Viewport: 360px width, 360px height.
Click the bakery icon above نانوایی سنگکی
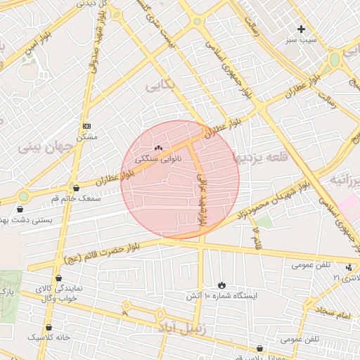[x=158, y=148]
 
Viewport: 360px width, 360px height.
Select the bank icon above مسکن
[x=86, y=125]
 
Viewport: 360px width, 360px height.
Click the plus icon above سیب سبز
[x=302, y=29]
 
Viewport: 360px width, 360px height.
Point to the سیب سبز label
[x=302, y=40]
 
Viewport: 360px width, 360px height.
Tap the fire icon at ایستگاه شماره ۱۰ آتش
[x=222, y=285]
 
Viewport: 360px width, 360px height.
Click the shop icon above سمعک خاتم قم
[x=76, y=188]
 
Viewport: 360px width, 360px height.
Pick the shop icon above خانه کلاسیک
[x=49, y=327]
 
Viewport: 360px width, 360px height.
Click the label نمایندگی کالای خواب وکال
[x=62, y=293]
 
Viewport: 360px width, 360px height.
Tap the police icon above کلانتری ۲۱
[x=349, y=267]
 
